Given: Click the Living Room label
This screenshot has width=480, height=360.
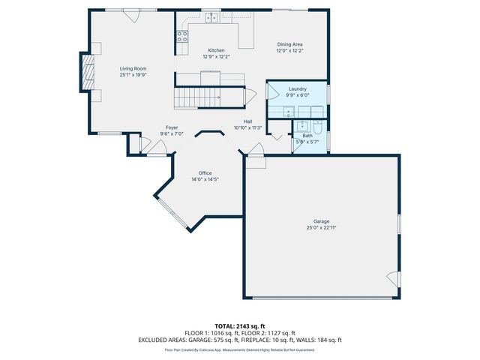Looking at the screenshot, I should click(133, 69).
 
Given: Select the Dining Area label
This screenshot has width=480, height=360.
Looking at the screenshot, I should click(289, 44).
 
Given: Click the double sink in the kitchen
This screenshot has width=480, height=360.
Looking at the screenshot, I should click(211, 17).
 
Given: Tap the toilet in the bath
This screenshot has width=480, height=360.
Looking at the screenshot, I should click(317, 126).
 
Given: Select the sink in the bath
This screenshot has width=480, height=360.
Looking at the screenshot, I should click(303, 125).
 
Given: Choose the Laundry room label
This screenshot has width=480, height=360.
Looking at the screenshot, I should click(298, 89).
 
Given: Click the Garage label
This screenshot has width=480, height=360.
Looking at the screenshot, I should click(321, 221).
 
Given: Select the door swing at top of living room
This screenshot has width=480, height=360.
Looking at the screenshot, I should click(131, 15).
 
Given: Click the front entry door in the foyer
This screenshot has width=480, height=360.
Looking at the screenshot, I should click(157, 148).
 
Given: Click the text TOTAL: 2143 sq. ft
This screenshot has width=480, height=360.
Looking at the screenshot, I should click(239, 326).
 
